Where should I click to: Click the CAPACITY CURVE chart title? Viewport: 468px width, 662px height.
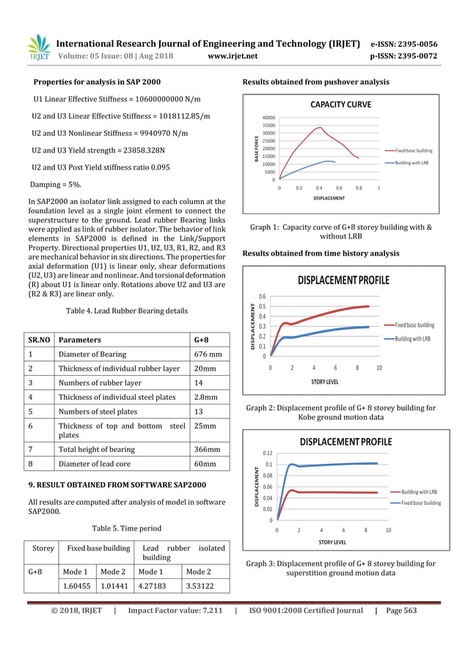(x=340, y=104)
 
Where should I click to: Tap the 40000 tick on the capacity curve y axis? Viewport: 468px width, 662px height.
(x=268, y=117)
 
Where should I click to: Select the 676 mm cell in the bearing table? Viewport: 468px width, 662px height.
(x=208, y=354)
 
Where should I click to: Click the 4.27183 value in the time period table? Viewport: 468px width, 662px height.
(x=157, y=586)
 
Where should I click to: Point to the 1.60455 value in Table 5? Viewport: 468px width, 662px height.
(x=78, y=586)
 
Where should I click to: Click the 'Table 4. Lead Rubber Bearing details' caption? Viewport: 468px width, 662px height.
(x=126, y=311)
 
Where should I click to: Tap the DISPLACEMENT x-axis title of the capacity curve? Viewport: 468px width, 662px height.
(x=329, y=198)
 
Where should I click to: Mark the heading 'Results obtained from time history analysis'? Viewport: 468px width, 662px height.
(x=321, y=253)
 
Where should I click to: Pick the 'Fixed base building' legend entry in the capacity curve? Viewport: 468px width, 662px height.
(x=414, y=150)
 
